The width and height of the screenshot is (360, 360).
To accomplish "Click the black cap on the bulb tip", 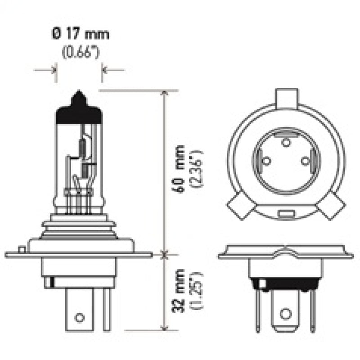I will tap(78, 108).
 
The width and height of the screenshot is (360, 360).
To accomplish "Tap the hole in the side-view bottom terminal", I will tap(80, 317).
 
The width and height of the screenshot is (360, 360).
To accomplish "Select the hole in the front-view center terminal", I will tap(285, 314).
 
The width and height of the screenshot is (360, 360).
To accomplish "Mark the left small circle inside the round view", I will tap(266, 160).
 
